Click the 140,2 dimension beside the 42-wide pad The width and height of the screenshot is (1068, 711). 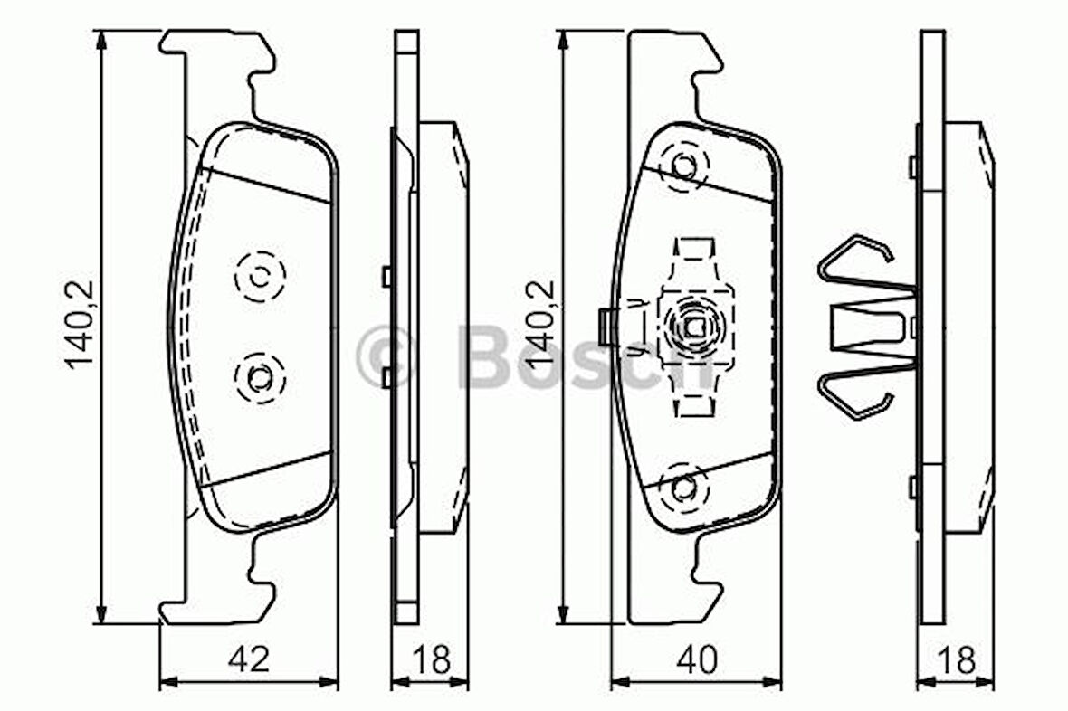[80, 326]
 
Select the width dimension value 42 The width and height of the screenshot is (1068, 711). [248, 659]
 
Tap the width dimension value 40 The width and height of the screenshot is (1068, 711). [696, 659]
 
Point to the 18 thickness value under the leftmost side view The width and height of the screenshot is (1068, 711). [430, 659]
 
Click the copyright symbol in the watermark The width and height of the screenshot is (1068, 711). [385, 356]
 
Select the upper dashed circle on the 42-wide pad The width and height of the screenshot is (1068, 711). [260, 275]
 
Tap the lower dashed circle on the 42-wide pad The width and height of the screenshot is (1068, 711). [260, 377]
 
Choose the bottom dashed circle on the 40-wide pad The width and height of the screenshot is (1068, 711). [684, 488]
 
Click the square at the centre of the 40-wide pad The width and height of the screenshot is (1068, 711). [694, 327]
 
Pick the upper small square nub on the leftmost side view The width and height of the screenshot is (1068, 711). [387, 276]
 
